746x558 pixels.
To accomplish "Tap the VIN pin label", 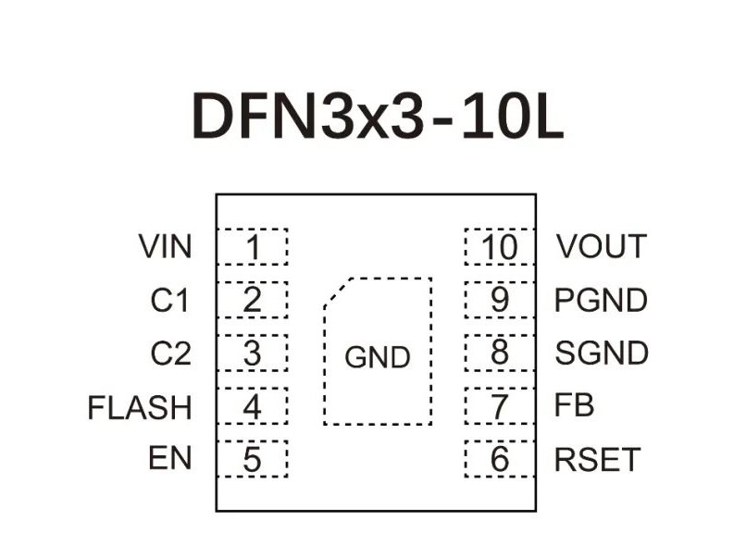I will click(166, 247).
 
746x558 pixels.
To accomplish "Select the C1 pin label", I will click(170, 301).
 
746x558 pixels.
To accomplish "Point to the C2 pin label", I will click(170, 353).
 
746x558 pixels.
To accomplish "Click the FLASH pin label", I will click(140, 407).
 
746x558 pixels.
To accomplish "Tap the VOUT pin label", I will click(601, 247).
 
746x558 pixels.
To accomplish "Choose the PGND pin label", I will click(601, 301).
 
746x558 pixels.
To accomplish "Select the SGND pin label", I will click(601, 353).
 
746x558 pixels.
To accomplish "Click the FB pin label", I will click(574, 406).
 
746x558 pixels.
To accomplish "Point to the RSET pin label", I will click(597, 459).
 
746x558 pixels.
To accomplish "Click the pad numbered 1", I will click(252, 247).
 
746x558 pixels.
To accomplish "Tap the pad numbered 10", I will click(500, 247).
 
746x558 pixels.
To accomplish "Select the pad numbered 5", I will click(252, 459).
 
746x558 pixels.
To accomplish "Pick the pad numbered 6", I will click(500, 459).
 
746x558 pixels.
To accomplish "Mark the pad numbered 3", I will click(252, 353).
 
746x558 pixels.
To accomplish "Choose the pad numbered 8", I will click(500, 353).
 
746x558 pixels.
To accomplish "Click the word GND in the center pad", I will click(377, 357).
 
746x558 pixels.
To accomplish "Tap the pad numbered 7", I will click(500, 406).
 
